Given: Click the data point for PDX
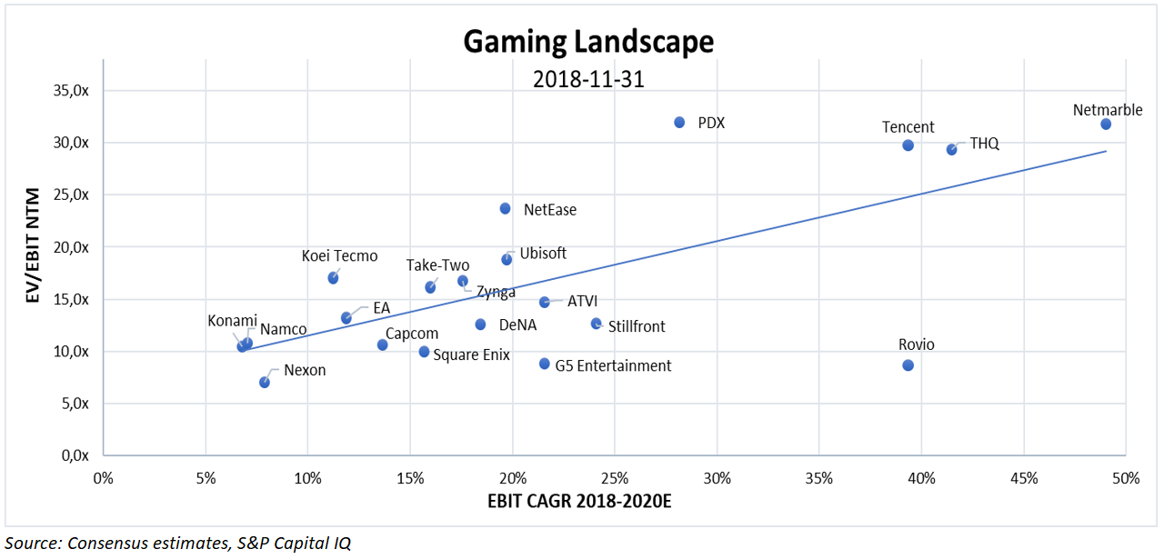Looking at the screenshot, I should [679, 122].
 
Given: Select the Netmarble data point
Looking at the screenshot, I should [1106, 124].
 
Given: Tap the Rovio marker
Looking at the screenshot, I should [908, 365].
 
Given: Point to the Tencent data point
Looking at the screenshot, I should [908, 145].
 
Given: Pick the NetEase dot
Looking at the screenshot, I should [506, 208].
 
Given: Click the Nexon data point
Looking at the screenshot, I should [265, 383].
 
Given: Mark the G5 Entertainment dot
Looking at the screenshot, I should [545, 364].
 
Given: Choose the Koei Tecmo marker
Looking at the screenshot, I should [333, 278].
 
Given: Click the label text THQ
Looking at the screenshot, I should [984, 144].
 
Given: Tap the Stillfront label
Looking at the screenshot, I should [637, 326].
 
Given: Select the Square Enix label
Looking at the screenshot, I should [471, 354].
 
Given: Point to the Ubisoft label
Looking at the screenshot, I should [543, 254].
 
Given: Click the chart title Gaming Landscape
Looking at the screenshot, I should [588, 41].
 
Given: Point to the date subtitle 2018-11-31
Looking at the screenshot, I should [588, 79].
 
